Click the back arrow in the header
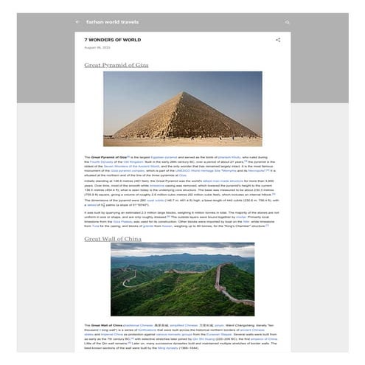[77, 22]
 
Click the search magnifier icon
[288, 22]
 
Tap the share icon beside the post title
[278, 39]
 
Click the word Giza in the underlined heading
[142, 65]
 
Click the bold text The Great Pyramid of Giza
[105, 157]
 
